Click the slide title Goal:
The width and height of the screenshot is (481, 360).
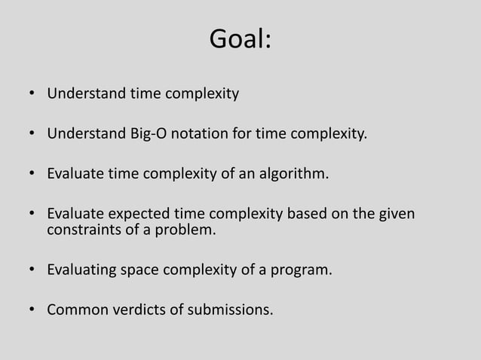[x=240, y=40]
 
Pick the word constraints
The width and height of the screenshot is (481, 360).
[x=81, y=230]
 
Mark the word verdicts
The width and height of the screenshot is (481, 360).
[x=130, y=310]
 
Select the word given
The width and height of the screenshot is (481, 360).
[x=397, y=215]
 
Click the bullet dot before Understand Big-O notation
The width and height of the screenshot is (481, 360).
[x=32, y=136]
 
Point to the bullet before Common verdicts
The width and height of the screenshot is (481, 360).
[x=32, y=311]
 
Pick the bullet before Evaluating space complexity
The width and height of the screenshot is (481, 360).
[x=32, y=271]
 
